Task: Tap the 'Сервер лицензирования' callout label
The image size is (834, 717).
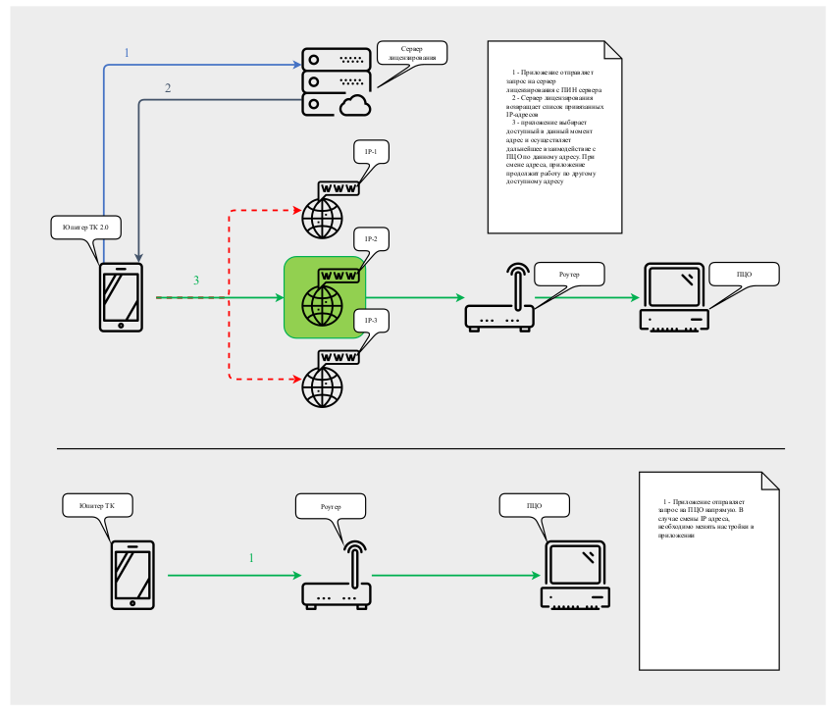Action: (412, 53)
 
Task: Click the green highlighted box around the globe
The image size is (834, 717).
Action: (325, 297)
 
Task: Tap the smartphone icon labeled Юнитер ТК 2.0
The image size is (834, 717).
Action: (122, 296)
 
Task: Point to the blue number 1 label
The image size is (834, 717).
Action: (126, 53)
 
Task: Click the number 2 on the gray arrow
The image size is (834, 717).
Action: (168, 88)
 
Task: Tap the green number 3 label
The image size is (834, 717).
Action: (195, 282)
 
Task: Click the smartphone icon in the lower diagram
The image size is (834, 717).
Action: (131, 574)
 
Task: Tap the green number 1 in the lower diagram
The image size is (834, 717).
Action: (250, 558)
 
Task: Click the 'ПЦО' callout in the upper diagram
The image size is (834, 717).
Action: (744, 274)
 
